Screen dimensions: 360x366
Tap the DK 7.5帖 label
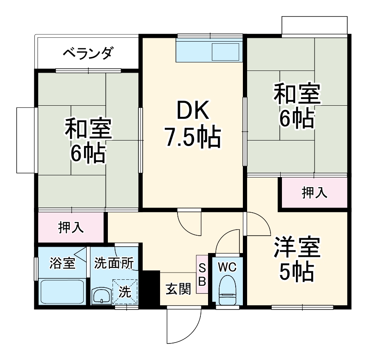click(192, 124)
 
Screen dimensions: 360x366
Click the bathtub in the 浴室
click(63, 292)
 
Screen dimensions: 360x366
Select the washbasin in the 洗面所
click(101, 295)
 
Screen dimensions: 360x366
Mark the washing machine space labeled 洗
click(125, 292)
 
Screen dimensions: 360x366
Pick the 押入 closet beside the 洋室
click(314, 193)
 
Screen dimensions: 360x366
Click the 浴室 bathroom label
click(62, 263)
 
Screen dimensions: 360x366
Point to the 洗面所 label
click(113, 263)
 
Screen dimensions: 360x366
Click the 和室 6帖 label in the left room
click(88, 141)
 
